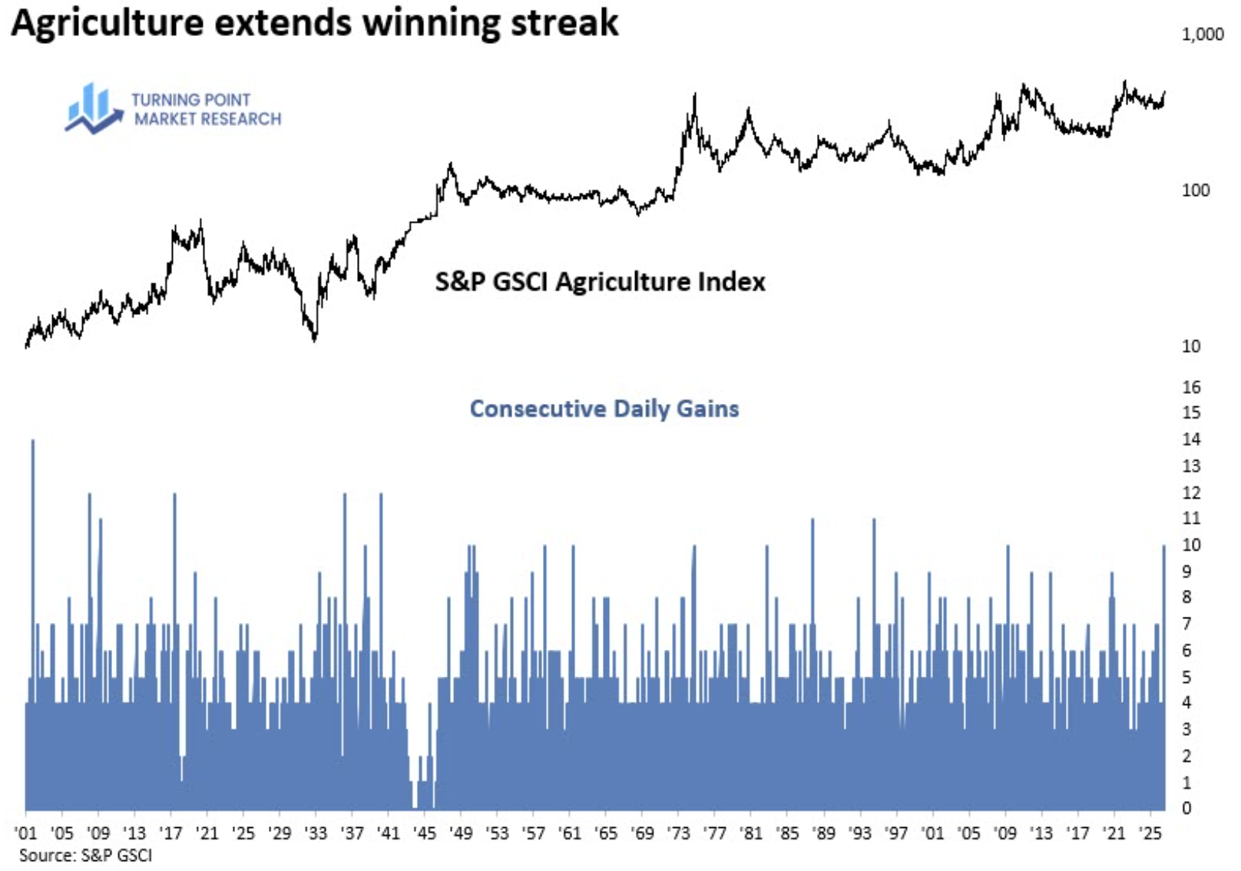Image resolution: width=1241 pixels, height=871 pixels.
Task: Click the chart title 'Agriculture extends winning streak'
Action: (315, 23)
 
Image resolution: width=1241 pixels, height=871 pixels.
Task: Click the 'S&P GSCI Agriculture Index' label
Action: (600, 282)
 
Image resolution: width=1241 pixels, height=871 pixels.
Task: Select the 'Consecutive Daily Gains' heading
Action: (604, 409)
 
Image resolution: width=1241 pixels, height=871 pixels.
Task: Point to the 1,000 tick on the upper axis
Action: (1203, 35)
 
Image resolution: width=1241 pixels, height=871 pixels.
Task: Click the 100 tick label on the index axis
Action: (1196, 190)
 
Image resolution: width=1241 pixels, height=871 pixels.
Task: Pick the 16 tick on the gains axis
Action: (1191, 387)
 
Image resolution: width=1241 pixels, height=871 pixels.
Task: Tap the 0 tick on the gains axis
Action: (1186, 808)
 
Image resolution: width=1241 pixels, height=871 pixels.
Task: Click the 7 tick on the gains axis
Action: (1186, 624)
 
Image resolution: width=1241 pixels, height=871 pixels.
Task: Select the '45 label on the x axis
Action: (425, 834)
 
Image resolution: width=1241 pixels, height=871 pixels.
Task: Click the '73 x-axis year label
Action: (678, 834)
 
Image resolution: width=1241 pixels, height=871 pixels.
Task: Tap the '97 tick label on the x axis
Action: (896, 834)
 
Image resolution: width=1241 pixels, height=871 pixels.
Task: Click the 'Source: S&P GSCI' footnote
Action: (85, 856)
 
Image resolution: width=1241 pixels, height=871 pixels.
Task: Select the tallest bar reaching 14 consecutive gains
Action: (33, 625)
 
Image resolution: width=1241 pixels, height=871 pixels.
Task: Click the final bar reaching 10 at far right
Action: (1163, 677)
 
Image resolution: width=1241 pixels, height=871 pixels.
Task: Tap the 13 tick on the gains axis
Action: (1191, 466)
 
